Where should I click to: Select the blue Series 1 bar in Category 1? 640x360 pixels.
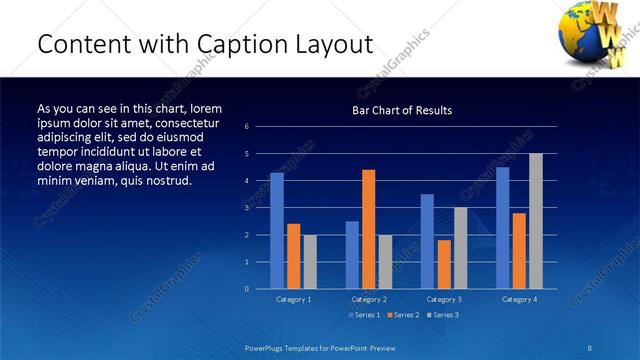277,231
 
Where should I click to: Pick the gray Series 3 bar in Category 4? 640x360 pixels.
536,221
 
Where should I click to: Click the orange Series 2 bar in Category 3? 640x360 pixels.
444,264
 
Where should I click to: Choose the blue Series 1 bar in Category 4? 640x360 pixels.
503,228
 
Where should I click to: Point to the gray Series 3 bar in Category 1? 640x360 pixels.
310,262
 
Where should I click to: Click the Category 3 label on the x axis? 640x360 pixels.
444,299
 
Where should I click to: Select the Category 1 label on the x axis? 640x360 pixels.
293,299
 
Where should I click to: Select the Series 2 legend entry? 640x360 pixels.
402,315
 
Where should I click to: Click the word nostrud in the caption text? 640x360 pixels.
164,180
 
